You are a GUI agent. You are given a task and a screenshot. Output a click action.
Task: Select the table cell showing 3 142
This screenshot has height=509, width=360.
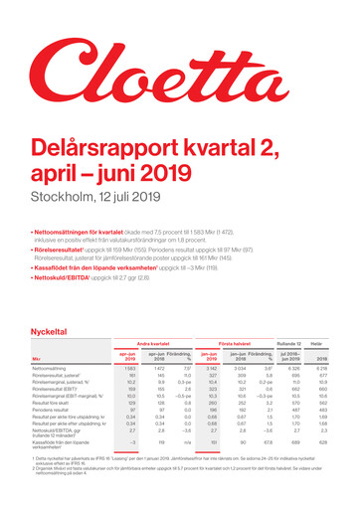pos(209,368)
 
